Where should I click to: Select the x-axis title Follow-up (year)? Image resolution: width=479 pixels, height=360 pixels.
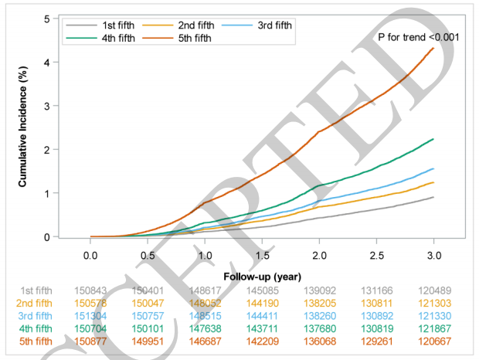[x=262, y=276]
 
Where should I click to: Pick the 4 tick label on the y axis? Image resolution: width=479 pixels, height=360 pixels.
[x=49, y=62]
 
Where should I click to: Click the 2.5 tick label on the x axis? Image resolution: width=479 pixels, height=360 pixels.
[x=376, y=254]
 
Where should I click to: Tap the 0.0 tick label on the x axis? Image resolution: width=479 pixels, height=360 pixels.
[x=90, y=254]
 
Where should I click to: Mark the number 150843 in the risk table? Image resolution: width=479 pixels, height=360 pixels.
[x=92, y=290]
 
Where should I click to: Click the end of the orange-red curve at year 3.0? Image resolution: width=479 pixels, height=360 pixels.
[x=433, y=48]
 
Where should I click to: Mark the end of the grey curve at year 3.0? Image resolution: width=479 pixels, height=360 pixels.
[x=433, y=197]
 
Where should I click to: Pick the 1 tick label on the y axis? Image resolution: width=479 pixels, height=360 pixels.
[x=49, y=193]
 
